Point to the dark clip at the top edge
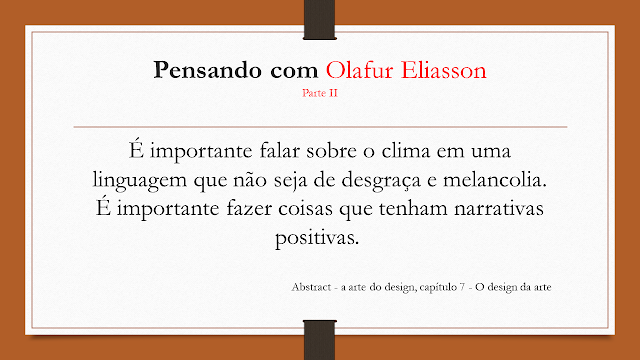point(320,18)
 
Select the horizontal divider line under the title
point(320,127)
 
